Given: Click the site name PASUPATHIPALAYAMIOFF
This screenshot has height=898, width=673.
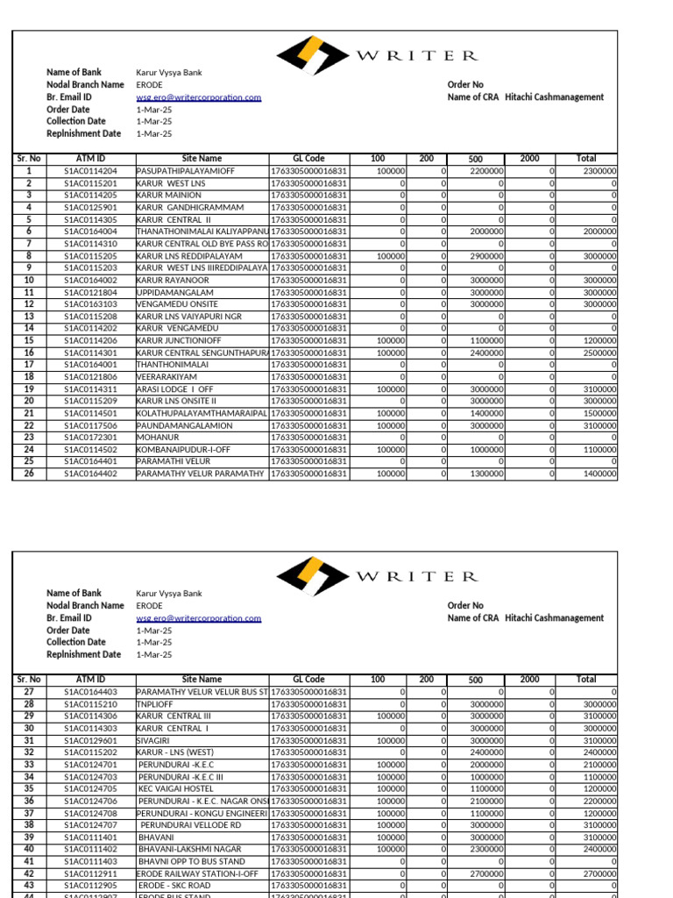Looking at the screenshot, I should click(x=184, y=171).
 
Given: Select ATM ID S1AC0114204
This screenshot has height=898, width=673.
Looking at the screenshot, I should click(x=90, y=171).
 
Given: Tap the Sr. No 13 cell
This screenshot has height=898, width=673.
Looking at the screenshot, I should click(x=29, y=316).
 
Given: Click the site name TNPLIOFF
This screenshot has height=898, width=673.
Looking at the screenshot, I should click(x=155, y=704).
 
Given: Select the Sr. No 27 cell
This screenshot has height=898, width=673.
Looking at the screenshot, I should click(x=29, y=692).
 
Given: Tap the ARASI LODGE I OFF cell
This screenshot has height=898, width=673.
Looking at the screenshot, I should click(x=175, y=388).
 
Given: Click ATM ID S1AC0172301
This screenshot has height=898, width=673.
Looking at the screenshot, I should click(x=90, y=437).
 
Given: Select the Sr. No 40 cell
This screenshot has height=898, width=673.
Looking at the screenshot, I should click(x=29, y=849).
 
